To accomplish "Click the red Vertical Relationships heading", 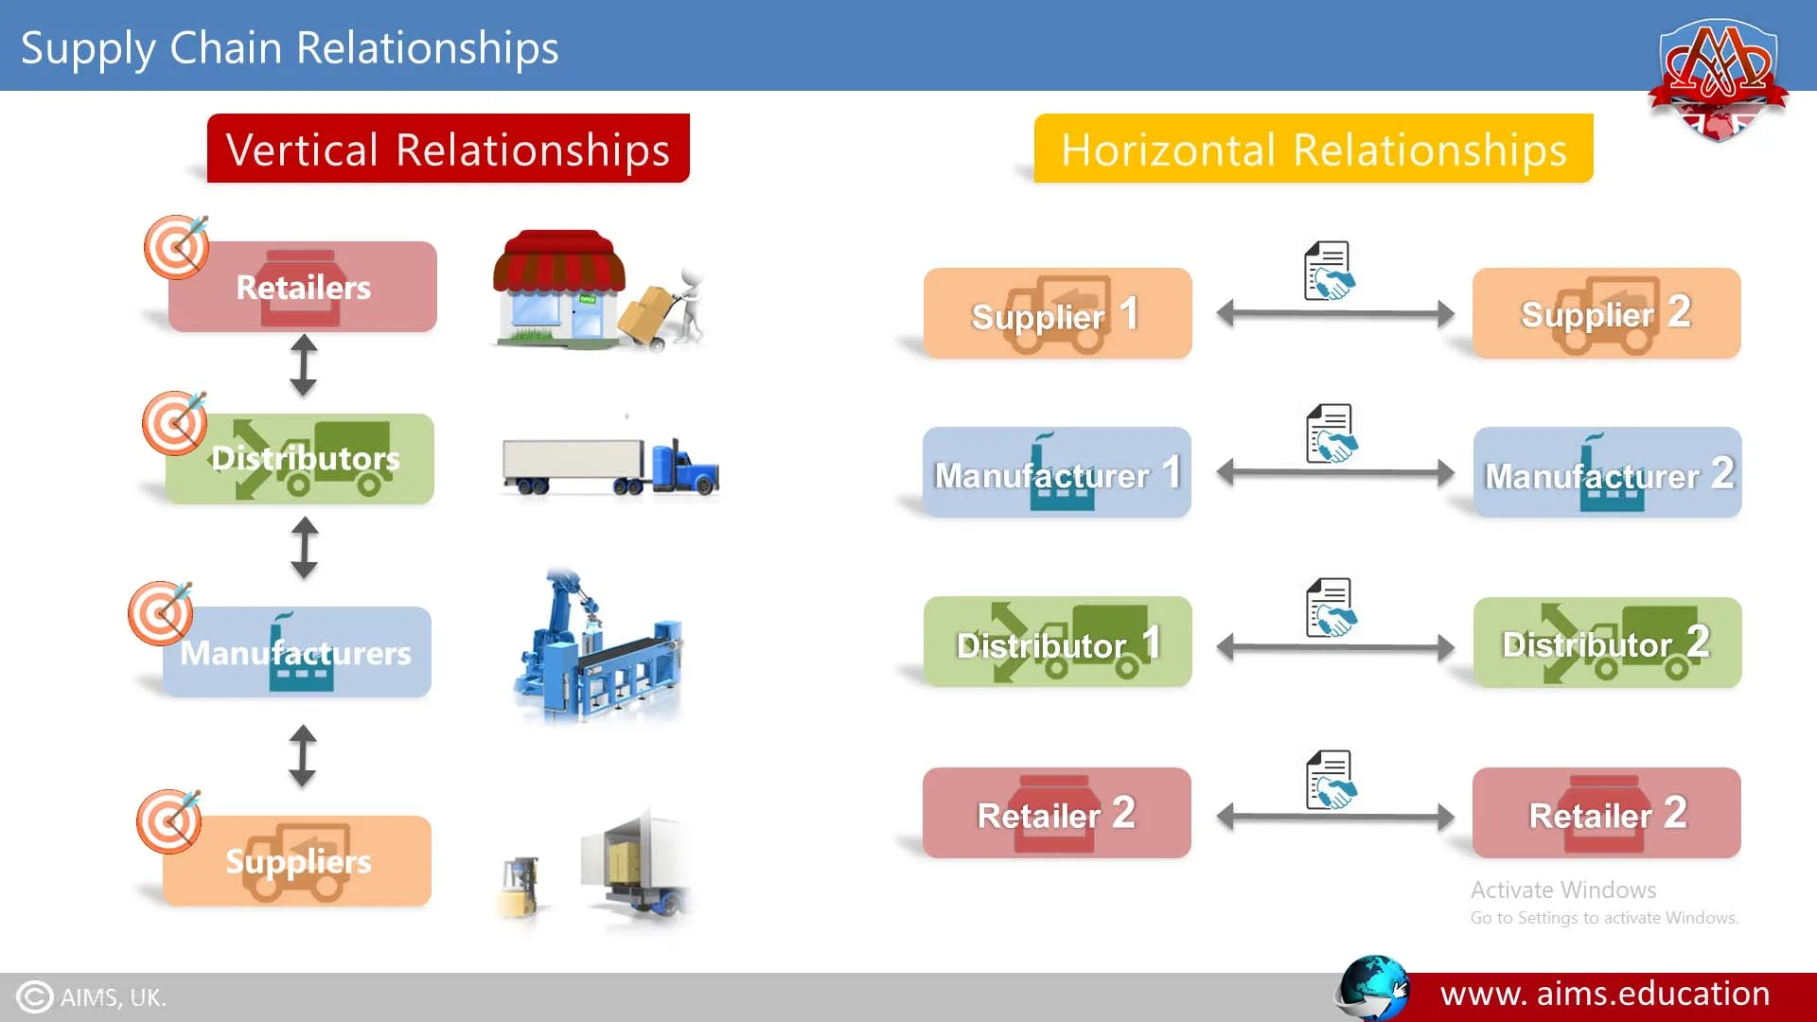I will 448,149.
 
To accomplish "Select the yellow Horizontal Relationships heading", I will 1314,149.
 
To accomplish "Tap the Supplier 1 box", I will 1057,313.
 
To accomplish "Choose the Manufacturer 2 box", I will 1607,472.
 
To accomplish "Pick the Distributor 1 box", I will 1057,643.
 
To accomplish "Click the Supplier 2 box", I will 1606,313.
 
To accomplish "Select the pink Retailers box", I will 303,287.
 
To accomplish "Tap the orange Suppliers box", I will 297,860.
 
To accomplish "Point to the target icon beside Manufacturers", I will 161,613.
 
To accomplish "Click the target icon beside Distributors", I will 175,422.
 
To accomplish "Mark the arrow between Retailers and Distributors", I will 303,365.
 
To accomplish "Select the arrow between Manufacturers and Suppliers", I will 303,755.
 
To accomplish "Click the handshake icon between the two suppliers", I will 1330,272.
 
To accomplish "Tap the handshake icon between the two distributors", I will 1332,608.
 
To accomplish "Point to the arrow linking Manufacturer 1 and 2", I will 1334,471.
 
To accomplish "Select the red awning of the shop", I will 559,259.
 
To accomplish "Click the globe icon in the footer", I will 1373,988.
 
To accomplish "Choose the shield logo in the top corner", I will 1717,79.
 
